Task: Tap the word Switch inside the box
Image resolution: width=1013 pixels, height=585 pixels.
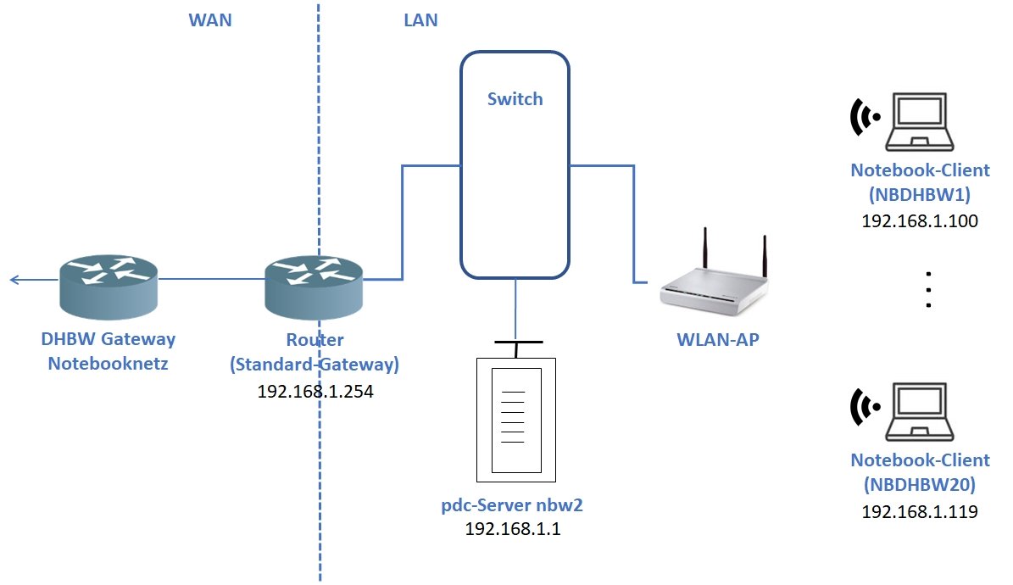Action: click(x=515, y=99)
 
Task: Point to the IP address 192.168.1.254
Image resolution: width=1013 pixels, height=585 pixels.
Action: click(x=315, y=393)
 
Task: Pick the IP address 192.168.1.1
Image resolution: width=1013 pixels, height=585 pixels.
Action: click(x=513, y=529)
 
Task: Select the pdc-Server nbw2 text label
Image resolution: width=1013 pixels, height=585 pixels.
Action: click(x=513, y=506)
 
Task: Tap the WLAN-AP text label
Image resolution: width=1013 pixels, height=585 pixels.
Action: click(x=717, y=341)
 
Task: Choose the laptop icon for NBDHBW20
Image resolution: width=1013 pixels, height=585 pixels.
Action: click(x=920, y=412)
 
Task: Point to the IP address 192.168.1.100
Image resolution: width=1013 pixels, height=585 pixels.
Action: click(x=920, y=221)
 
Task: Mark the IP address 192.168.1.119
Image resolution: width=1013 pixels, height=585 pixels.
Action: click(x=920, y=512)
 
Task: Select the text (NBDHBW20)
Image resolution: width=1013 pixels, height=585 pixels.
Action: click(x=920, y=486)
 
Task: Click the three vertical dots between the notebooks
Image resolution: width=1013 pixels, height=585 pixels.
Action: click(x=929, y=289)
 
